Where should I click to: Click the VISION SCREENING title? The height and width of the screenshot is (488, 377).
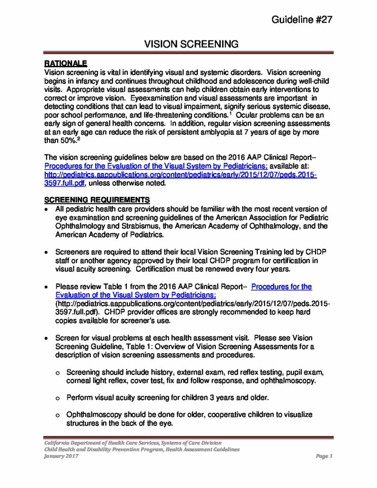click(x=191, y=44)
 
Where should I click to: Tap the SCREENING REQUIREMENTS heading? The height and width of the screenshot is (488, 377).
click(x=97, y=199)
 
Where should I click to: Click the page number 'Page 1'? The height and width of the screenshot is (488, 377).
click(x=324, y=456)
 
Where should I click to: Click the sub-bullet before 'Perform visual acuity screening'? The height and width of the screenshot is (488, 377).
click(x=58, y=397)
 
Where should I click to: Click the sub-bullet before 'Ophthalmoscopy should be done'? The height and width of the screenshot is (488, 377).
click(x=58, y=415)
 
